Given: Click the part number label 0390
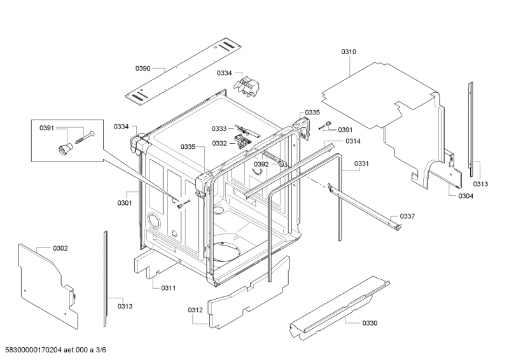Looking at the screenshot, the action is (x=143, y=68).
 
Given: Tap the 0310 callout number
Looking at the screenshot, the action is (x=349, y=52).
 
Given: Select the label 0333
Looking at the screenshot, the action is (x=219, y=129).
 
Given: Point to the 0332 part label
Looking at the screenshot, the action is (x=220, y=144).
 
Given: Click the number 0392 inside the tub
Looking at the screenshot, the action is (x=261, y=164).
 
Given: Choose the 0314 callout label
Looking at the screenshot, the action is (x=353, y=141).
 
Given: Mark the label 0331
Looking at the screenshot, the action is (x=361, y=163).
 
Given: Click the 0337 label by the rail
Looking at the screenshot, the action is (x=407, y=216).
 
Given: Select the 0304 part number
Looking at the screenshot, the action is (x=466, y=196).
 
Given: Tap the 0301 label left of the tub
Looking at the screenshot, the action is (x=125, y=203).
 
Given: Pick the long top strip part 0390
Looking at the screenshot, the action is (x=183, y=71).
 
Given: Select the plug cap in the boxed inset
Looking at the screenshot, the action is (x=64, y=149).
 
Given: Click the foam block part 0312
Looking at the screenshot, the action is (x=248, y=294).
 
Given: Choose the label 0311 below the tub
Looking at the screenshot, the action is (x=169, y=288).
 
